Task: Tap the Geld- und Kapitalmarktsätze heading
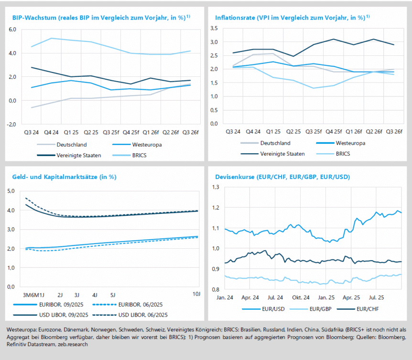coord(65,177)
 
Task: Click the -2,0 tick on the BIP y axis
coord(11,124)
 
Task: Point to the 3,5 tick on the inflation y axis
coord(214,29)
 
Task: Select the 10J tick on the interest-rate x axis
coord(196,294)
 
